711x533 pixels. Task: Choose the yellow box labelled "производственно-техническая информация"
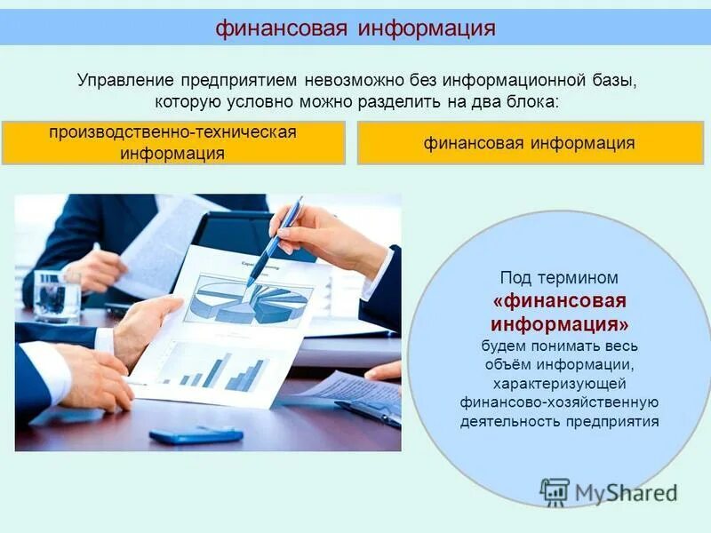tap(173, 143)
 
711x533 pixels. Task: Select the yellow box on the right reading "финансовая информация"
tap(530, 143)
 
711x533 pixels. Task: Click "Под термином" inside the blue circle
tap(559, 278)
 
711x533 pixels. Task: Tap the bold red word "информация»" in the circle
tap(559, 321)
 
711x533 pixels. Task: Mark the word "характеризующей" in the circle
tap(559, 383)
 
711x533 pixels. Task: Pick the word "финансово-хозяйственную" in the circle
tap(559, 402)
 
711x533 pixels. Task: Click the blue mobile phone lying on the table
tap(196, 435)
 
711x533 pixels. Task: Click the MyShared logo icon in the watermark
tap(555, 491)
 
